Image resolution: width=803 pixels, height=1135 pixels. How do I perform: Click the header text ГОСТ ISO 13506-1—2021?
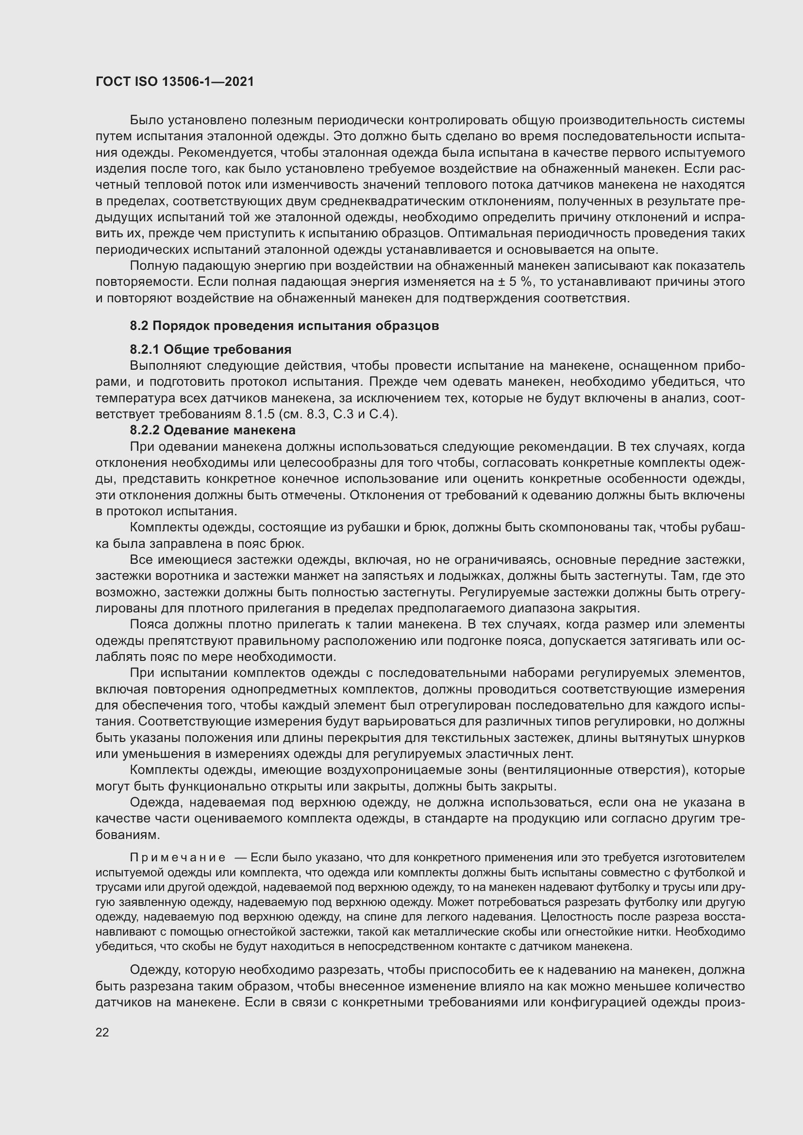coord(175,82)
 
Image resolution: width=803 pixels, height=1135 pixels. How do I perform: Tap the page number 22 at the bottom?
coord(102,1032)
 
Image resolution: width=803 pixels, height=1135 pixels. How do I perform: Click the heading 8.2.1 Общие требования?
coord(211,350)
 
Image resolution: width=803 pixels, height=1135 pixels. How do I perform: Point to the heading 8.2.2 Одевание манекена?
coord(213,430)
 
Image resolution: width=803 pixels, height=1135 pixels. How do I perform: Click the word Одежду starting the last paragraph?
coord(155,971)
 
